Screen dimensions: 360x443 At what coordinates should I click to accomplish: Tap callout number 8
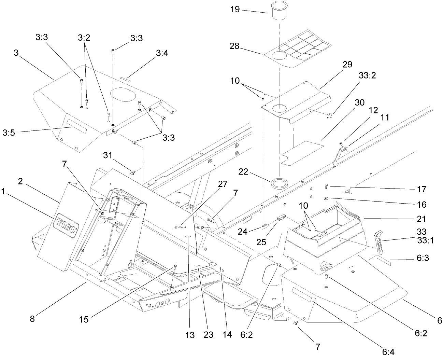[32, 319]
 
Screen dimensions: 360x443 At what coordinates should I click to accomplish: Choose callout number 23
[208, 335]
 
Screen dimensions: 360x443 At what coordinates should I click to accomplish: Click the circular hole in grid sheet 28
[279, 56]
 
